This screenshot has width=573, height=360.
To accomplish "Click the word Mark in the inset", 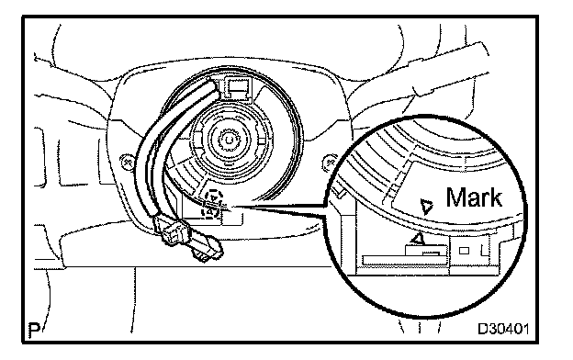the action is (x=474, y=197).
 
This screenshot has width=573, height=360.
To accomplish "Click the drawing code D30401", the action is (x=503, y=329).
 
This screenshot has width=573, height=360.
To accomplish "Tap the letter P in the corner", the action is (x=34, y=330).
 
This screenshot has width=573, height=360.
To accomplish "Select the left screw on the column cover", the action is (x=127, y=162).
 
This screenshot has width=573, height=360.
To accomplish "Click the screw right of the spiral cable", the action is (x=330, y=162).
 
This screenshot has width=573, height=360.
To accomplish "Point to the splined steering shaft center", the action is (x=229, y=141).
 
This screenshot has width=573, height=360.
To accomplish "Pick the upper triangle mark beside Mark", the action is (x=426, y=207).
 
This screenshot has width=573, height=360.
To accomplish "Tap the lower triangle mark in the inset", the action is (x=418, y=238).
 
